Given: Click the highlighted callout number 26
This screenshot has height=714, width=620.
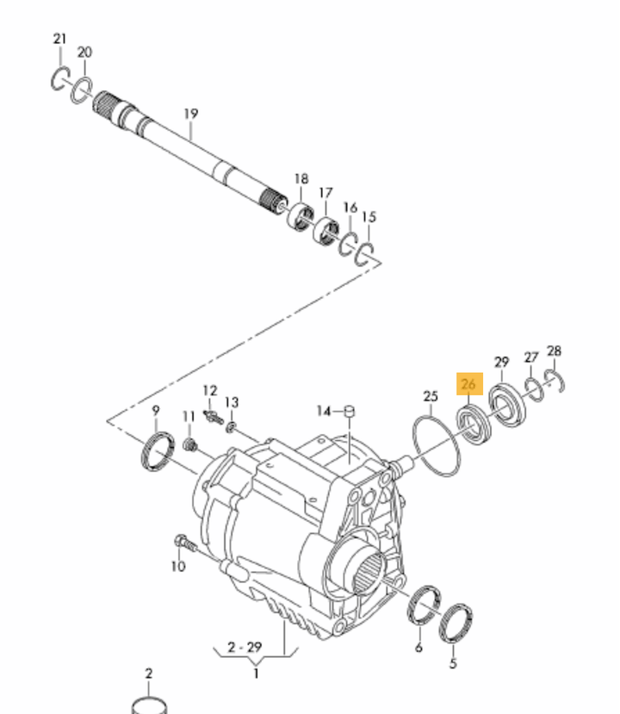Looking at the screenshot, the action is tap(468, 384).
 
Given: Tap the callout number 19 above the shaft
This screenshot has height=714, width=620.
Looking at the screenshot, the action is tap(191, 114).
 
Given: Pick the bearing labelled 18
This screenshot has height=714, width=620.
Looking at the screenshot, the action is tap(300, 215).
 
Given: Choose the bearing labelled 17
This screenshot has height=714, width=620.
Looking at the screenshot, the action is tap(326, 230).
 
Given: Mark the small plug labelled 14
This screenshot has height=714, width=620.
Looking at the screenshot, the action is tap(349, 411).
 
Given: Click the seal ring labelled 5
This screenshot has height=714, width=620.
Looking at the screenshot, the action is tap(456, 624).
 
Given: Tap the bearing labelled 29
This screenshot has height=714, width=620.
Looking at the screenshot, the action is tap(506, 405).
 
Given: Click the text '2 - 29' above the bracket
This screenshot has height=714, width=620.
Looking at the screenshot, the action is tap(245, 647).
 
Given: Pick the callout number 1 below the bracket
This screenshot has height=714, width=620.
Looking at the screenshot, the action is tap(256, 673).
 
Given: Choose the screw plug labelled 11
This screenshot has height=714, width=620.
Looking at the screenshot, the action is tap(190, 445).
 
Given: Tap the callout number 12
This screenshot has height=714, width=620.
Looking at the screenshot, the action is tap(210, 391).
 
